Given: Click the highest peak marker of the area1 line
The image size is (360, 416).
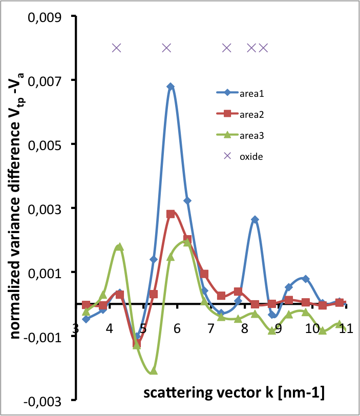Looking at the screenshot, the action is (171, 87).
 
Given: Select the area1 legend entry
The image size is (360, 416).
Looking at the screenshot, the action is (240, 93).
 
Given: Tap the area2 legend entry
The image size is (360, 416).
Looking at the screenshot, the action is (240, 114).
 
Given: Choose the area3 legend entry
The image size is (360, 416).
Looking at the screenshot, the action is (240, 135).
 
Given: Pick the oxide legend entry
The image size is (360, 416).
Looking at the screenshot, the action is (243, 156).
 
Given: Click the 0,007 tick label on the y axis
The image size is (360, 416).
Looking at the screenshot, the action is (45, 81).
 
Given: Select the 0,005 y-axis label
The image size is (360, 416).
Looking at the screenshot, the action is (45, 145).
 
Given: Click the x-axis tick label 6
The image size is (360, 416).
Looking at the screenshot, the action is (177, 328).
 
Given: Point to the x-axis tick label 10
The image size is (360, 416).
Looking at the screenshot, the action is (312, 328).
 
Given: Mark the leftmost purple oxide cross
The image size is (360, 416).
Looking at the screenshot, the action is (117, 48).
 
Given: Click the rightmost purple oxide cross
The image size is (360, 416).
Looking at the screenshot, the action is (264, 48).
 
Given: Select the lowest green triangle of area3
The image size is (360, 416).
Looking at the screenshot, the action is (154, 370).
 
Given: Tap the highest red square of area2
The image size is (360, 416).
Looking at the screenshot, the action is (171, 214).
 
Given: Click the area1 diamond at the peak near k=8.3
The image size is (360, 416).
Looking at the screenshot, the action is (255, 219).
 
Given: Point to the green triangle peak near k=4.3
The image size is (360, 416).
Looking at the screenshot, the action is (119, 246).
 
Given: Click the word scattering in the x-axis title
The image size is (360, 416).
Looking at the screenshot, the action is (178, 392).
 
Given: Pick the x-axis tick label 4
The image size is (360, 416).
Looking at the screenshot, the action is (110, 328).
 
